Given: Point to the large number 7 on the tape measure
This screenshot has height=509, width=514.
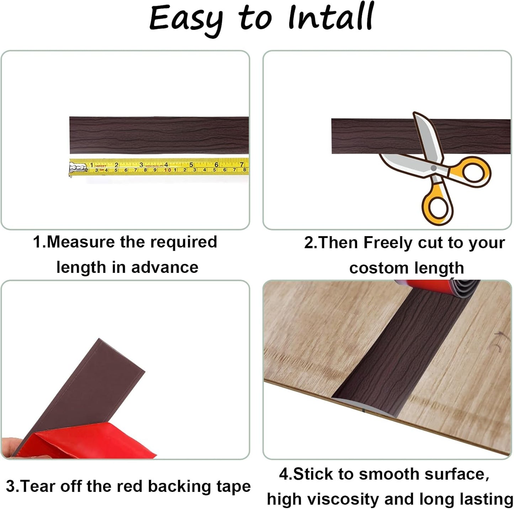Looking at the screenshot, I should [x=242, y=164].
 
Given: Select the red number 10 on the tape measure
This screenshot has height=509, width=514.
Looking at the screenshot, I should [x=167, y=170].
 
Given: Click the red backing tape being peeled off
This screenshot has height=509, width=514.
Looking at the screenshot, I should [x=89, y=445].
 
